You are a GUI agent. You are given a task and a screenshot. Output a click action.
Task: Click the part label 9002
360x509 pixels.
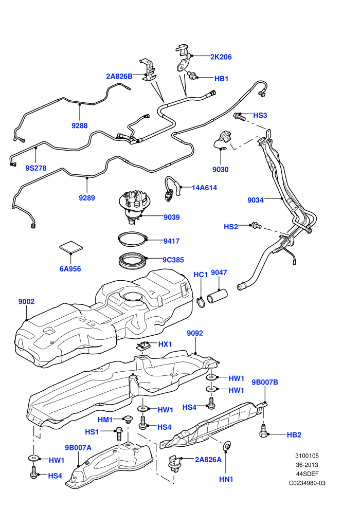pos(26,302)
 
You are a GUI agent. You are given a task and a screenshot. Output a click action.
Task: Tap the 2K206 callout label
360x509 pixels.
pos(221,57)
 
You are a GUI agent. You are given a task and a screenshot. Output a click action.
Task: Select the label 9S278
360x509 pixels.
pos(35,168)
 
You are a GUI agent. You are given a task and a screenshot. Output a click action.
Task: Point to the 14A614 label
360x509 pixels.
pos(205,188)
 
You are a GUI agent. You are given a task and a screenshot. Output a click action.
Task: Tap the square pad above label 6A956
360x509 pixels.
pos(71,247)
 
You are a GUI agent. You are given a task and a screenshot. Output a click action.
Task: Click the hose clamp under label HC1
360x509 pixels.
pos(201,302)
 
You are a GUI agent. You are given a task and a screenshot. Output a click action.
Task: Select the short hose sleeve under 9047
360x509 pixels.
pos(217,297)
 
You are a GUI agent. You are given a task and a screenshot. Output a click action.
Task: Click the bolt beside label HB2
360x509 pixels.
pos(264,430)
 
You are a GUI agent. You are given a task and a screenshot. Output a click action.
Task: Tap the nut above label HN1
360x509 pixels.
pos(227,447)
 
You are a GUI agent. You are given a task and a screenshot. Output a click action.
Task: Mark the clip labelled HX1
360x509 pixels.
pos(143,346)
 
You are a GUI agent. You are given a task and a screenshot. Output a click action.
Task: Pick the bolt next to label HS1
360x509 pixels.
pos(119,434)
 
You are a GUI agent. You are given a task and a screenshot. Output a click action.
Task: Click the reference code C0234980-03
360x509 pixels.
pos(307,483)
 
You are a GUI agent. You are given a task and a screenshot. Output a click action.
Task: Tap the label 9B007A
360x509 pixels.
pos(78,448)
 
